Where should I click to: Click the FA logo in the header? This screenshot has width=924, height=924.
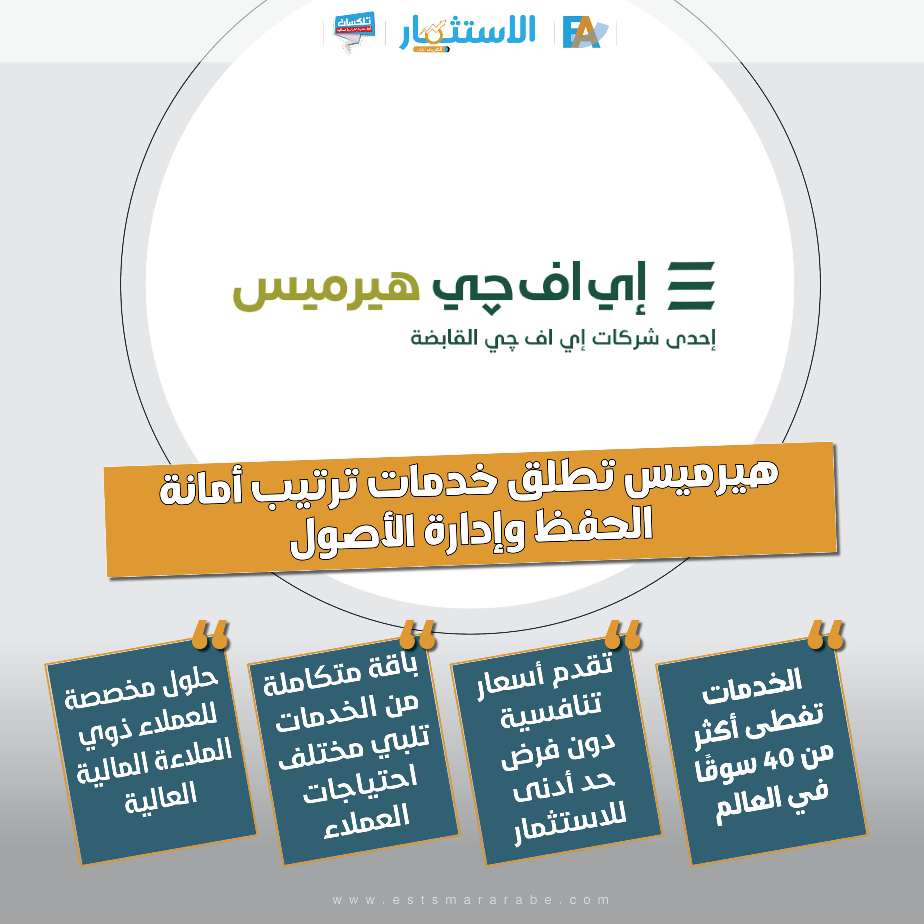(x=584, y=32)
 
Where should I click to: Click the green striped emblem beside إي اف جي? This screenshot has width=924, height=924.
(x=691, y=285)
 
